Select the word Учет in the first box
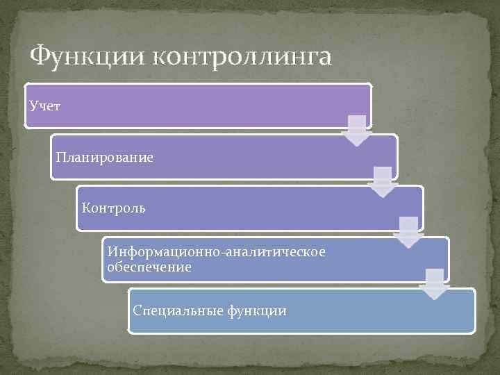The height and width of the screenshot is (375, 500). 45,106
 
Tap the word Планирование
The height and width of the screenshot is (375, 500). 104,158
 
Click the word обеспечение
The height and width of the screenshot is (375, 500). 149,267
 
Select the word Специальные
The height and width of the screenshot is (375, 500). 176,310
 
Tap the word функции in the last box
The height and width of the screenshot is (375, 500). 256,310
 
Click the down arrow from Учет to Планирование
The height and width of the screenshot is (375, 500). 357,131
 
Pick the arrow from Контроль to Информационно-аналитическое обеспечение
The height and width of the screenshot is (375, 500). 408,233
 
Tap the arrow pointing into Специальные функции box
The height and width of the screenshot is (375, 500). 435,283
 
